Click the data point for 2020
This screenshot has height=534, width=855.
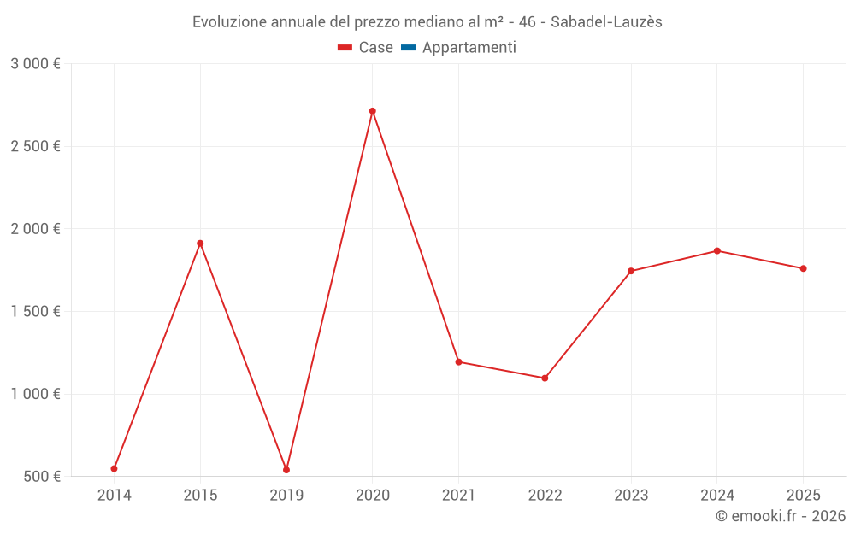pyautogui.click(x=373, y=111)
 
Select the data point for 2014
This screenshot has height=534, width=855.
pyautogui.click(x=114, y=468)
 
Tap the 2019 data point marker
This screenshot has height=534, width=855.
pyautogui.click(x=286, y=470)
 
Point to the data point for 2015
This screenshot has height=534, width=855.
pyautogui.click(x=200, y=244)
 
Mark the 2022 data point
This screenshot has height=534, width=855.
pyautogui.click(x=545, y=378)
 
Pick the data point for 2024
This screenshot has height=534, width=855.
pyautogui.click(x=717, y=251)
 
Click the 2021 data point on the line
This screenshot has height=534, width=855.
pyautogui.click(x=458, y=361)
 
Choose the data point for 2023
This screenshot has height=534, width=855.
pyautogui.click(x=631, y=271)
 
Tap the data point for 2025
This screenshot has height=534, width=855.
pyautogui.click(x=804, y=268)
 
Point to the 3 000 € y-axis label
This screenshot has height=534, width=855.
pyautogui.click(x=35, y=63)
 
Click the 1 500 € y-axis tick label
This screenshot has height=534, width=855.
pyautogui.click(x=35, y=311)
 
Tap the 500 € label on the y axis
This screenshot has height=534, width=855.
pyautogui.click(x=42, y=476)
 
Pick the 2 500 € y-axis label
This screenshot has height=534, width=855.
pyautogui.click(x=35, y=146)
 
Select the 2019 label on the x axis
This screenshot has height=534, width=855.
pyautogui.click(x=286, y=495)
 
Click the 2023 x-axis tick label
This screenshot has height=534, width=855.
pyautogui.click(x=631, y=495)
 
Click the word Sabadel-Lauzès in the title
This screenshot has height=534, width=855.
pyautogui.click(x=606, y=22)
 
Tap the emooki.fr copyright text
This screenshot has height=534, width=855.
pyautogui.click(x=781, y=516)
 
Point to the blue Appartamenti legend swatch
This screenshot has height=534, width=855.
pyautogui.click(x=408, y=48)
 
